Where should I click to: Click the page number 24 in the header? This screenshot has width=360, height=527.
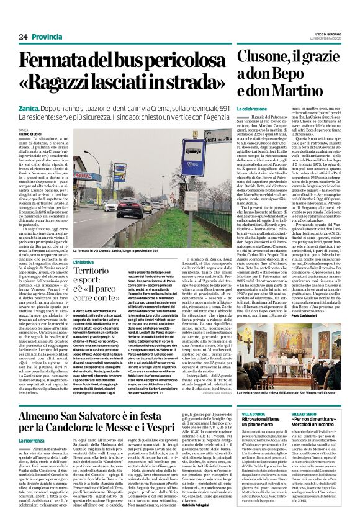tap(23, 37)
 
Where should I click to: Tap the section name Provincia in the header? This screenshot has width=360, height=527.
tap(47, 37)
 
